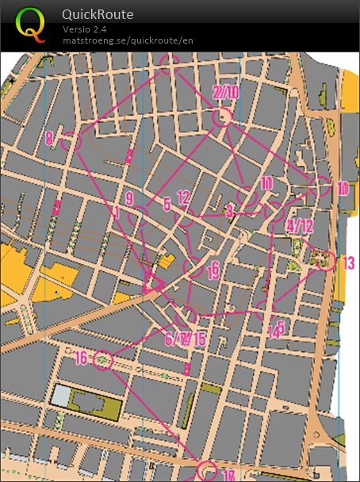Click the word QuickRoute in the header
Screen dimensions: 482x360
pos(98,14)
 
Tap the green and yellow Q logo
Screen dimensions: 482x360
pos(30,25)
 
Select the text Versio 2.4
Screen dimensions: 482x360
pos(83,29)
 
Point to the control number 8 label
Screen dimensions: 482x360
pos(49,138)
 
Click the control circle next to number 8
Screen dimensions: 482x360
pos(71,141)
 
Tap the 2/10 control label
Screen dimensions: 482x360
pos(226,92)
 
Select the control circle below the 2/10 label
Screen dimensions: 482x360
pos(223,117)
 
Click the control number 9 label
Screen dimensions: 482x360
pos(128,197)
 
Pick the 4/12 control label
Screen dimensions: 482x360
pos(300,226)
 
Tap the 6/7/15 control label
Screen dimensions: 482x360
pos(185,339)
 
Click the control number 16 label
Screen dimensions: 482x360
pos(81,358)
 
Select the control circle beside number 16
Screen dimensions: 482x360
pos(103,361)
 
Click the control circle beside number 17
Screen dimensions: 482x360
pos(206,471)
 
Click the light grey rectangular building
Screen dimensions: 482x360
pos(63,395)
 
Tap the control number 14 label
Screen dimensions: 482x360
pos(274,333)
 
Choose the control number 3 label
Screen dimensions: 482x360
pos(229,211)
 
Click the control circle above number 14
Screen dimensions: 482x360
pos(266,310)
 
